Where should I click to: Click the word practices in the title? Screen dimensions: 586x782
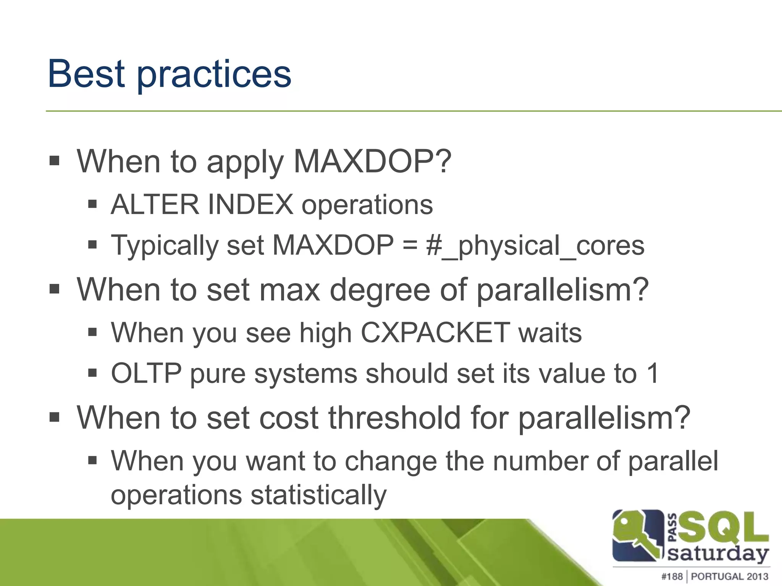(214, 75)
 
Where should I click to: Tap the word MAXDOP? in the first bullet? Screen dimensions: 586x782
(372, 161)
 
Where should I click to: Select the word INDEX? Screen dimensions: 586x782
(250, 205)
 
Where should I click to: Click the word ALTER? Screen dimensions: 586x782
(155, 205)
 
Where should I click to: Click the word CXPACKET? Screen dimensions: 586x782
(435, 333)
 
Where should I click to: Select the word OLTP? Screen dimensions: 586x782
(146, 373)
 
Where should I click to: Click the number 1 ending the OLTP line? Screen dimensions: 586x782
(653, 373)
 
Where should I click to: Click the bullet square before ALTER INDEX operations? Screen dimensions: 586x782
(92, 204)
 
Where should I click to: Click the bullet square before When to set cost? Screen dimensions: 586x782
(55, 417)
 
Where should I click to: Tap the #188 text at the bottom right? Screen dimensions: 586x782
(672, 576)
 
